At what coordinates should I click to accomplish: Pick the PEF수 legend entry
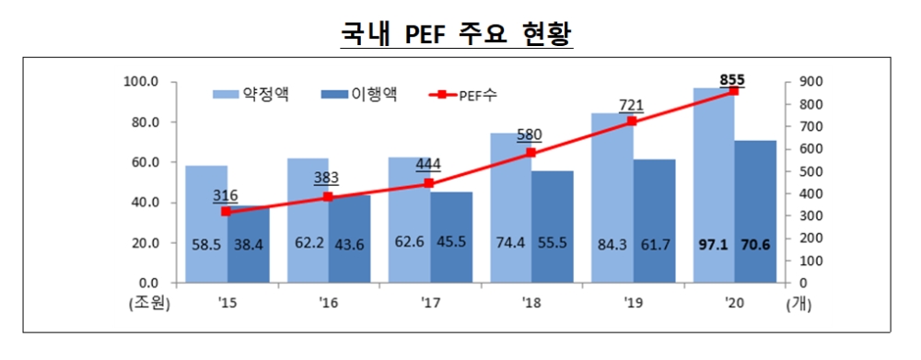[467, 94]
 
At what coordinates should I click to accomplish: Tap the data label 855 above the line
[733, 77]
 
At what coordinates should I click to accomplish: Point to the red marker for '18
[530, 153]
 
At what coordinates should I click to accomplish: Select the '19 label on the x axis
[632, 301]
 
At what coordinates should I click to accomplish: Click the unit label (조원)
[147, 302]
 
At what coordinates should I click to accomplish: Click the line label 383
[327, 178]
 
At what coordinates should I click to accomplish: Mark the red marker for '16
[328, 197]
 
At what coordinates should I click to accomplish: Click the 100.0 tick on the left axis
[146, 82]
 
